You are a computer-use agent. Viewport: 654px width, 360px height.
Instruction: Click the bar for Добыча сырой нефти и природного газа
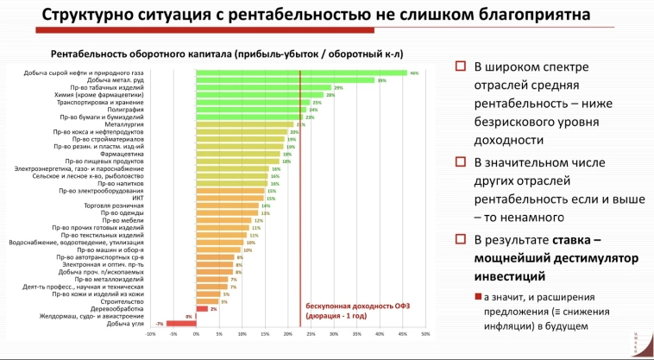[301, 73]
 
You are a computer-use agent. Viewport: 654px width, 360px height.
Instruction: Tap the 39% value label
[381, 80]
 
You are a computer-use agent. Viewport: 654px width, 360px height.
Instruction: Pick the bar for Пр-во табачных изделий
[263, 88]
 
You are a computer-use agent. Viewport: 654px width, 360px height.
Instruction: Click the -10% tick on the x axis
[151, 335]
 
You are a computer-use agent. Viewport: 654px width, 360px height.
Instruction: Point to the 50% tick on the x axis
[425, 335]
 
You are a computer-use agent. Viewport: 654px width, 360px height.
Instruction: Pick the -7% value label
[160, 324]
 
